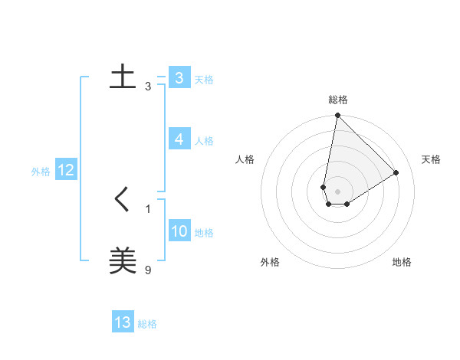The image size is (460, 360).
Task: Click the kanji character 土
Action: pyautogui.click(x=123, y=77)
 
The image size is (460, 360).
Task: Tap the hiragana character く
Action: pyautogui.click(x=123, y=201)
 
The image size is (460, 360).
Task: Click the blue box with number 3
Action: pyautogui.click(x=179, y=78)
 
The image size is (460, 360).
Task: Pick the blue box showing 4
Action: pyautogui.click(x=179, y=139)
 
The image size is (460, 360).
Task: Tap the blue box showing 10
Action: pyautogui.click(x=179, y=231)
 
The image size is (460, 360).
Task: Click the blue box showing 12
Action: pyautogui.click(x=65, y=170)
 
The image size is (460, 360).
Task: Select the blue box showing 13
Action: pyautogui.click(x=123, y=322)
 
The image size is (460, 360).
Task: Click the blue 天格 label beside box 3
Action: pyautogui.click(x=204, y=80)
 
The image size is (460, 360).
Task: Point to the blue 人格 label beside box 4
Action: pyautogui.click(x=204, y=141)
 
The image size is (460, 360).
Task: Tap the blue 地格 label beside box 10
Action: pyautogui.click(x=204, y=233)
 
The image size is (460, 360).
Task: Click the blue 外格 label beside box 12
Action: pyautogui.click(x=41, y=172)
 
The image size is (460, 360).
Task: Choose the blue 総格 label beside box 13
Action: pyautogui.click(x=147, y=324)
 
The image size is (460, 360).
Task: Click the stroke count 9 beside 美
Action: pyautogui.click(x=148, y=269)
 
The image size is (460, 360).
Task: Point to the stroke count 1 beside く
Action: pyautogui.click(x=148, y=208)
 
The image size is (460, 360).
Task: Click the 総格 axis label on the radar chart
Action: pyautogui.click(x=337, y=100)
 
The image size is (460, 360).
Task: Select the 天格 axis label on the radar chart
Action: pyautogui.click(x=431, y=159)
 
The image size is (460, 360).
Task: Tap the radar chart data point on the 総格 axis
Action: pyautogui.click(x=337, y=116)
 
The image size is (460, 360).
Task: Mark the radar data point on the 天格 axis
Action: pyautogui.click(x=396, y=172)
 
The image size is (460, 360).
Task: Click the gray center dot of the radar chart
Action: pyautogui.click(x=337, y=191)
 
